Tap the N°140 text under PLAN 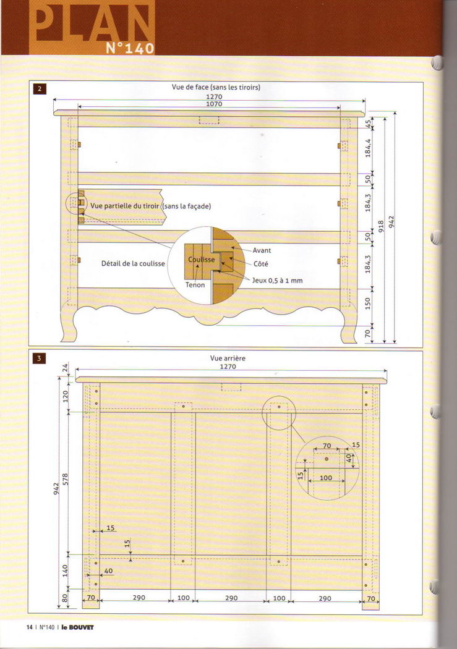(130, 48)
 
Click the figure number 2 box (40, 88)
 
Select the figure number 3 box (40, 358)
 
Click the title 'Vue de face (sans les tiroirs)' (216, 87)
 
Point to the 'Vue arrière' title (228, 358)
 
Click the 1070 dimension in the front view (214, 104)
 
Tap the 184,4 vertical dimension (368, 148)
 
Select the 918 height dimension (382, 226)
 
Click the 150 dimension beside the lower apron (368, 303)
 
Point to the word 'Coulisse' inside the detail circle (202, 260)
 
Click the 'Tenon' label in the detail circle (195, 285)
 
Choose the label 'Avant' (262, 250)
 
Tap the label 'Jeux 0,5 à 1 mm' (277, 280)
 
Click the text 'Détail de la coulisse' (133, 263)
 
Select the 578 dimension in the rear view (65, 479)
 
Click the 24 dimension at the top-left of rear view (65, 367)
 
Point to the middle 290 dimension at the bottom (231, 598)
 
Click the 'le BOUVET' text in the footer (77, 627)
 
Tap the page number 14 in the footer (30, 627)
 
